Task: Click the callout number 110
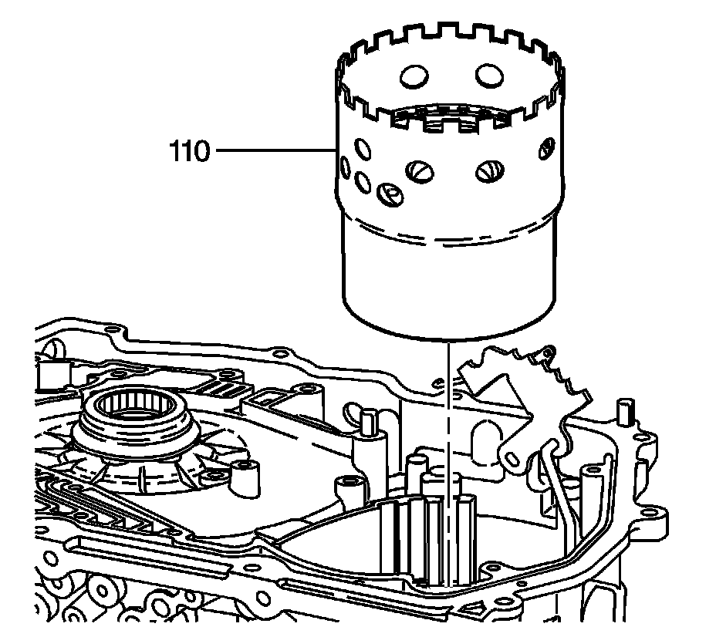(x=189, y=152)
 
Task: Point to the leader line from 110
(x=274, y=152)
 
